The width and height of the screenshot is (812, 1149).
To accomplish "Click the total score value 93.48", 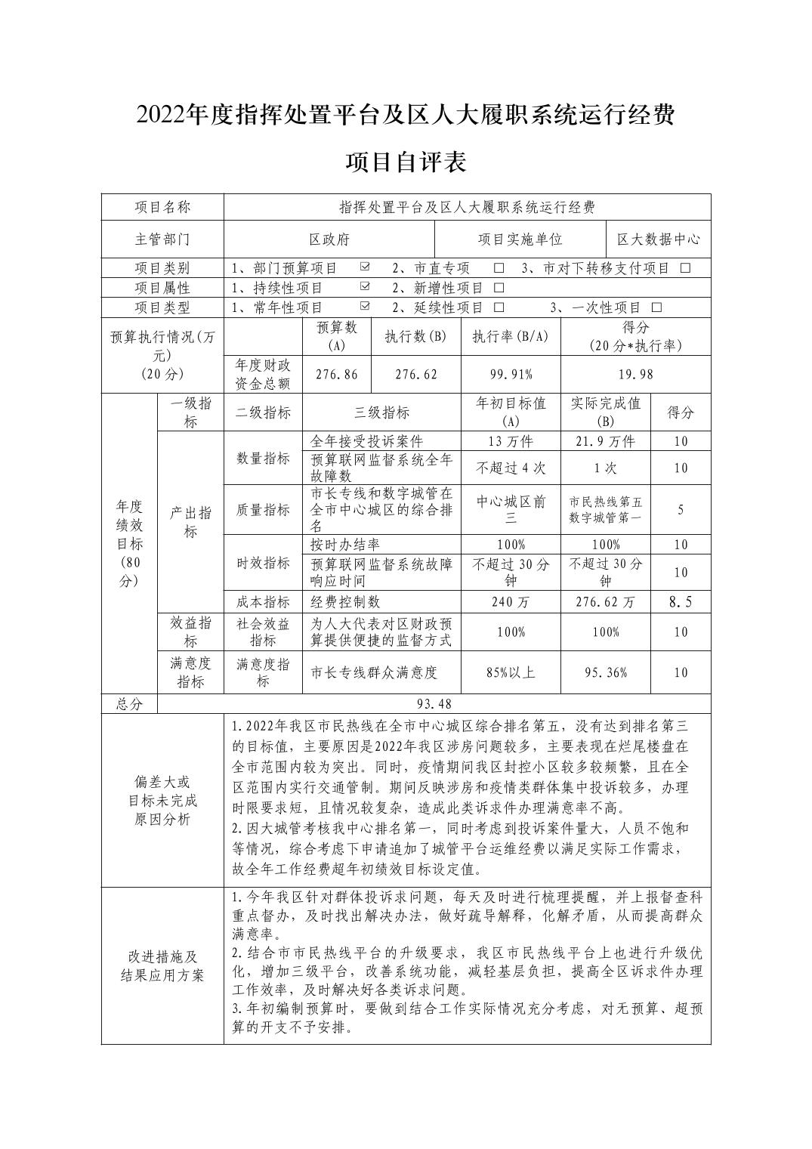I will pyautogui.click(x=434, y=704).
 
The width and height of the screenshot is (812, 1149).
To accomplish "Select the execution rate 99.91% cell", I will pyautogui.click(x=511, y=375).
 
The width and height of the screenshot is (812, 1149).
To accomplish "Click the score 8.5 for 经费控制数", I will pyautogui.click(x=680, y=602).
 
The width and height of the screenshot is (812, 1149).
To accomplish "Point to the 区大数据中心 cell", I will pyautogui.click(x=658, y=239).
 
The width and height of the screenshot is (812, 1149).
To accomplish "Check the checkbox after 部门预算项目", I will pyautogui.click(x=365, y=267).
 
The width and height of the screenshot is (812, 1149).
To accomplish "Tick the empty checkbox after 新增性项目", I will pyautogui.click(x=499, y=288).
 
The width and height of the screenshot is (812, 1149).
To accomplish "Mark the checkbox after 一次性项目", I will pyautogui.click(x=656, y=307).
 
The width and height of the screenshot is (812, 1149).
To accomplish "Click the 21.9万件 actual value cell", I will pyautogui.click(x=605, y=441).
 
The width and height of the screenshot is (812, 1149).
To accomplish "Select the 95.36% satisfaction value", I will pyautogui.click(x=605, y=672).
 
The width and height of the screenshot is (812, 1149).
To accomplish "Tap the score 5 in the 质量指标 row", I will pyautogui.click(x=680, y=510).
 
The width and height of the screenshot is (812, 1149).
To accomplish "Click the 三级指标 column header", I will pyautogui.click(x=381, y=412).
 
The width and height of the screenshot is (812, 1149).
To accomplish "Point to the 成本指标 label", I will pyautogui.click(x=263, y=602).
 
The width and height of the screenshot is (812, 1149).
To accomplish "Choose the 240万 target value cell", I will pyautogui.click(x=511, y=602).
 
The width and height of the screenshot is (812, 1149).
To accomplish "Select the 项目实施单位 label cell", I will pyautogui.click(x=520, y=239).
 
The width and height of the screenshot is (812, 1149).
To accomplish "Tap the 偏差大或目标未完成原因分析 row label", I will pyautogui.click(x=162, y=801).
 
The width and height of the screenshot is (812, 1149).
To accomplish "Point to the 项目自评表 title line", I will pyautogui.click(x=406, y=162).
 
